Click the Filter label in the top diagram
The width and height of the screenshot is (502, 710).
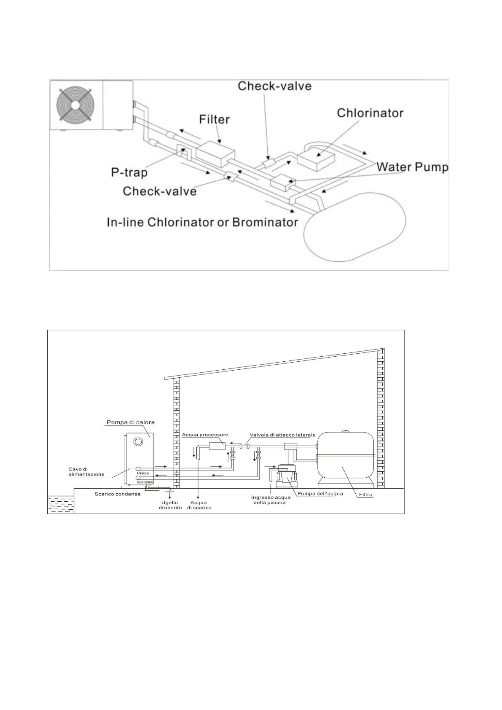pyautogui.click(x=214, y=119)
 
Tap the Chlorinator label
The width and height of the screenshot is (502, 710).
pyautogui.click(x=370, y=113)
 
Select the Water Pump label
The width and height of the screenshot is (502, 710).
pyautogui.click(x=412, y=167)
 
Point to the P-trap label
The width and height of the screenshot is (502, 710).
pyautogui.click(x=129, y=172)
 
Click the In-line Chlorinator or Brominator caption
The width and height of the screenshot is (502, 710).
pyautogui.click(x=202, y=222)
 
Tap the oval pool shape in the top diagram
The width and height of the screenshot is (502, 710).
pyautogui.click(x=355, y=228)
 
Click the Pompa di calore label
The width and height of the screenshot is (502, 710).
pyautogui.click(x=130, y=422)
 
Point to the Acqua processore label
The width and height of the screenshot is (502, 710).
pyautogui.click(x=205, y=435)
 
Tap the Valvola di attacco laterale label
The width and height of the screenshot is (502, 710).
pyautogui.click(x=282, y=435)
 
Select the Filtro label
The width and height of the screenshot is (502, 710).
pyautogui.click(x=366, y=495)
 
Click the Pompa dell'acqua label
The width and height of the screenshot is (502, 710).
pyautogui.click(x=320, y=494)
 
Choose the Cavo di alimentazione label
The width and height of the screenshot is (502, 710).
pyautogui.click(x=86, y=472)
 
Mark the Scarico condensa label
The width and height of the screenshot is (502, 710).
pyautogui.click(x=118, y=494)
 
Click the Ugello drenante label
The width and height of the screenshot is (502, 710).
pyautogui.click(x=170, y=505)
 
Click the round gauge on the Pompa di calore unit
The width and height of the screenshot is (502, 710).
pyautogui.click(x=138, y=442)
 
